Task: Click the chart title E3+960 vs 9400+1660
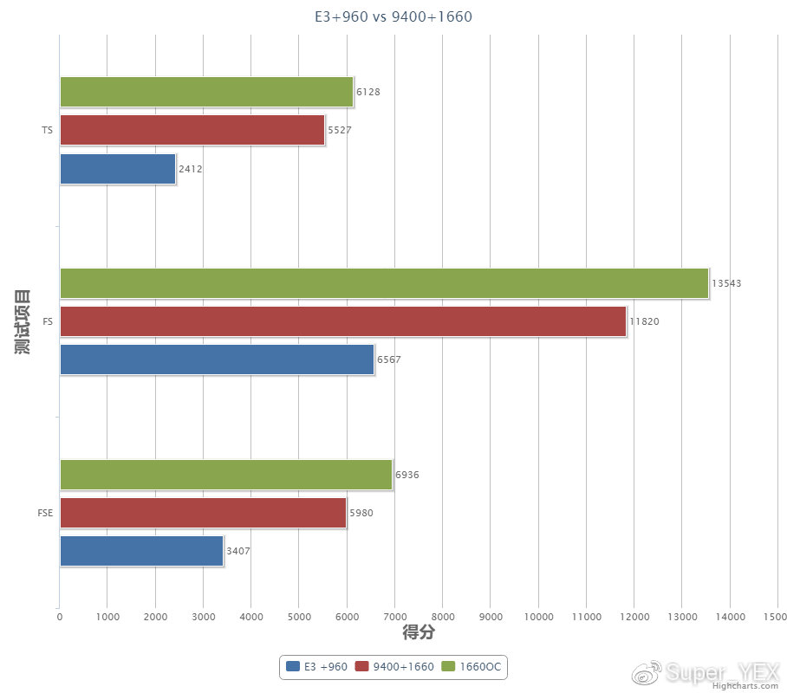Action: click(x=393, y=16)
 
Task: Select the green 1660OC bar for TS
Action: click(x=206, y=92)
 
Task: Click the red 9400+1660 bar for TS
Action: click(x=192, y=130)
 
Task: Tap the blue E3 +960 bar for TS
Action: click(x=117, y=169)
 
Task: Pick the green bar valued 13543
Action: click(x=384, y=283)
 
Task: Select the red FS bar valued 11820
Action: click(x=342, y=321)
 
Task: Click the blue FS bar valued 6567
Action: click(x=217, y=359)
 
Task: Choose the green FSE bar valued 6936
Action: click(x=225, y=475)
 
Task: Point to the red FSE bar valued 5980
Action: click(x=203, y=513)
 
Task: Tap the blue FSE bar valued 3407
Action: click(x=141, y=551)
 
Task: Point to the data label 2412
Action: click(x=191, y=169)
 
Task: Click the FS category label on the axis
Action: click(x=47, y=321)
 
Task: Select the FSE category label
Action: click(x=45, y=513)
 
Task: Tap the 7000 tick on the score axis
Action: click(x=394, y=617)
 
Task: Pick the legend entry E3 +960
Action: click(x=317, y=666)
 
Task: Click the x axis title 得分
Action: click(x=418, y=633)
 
